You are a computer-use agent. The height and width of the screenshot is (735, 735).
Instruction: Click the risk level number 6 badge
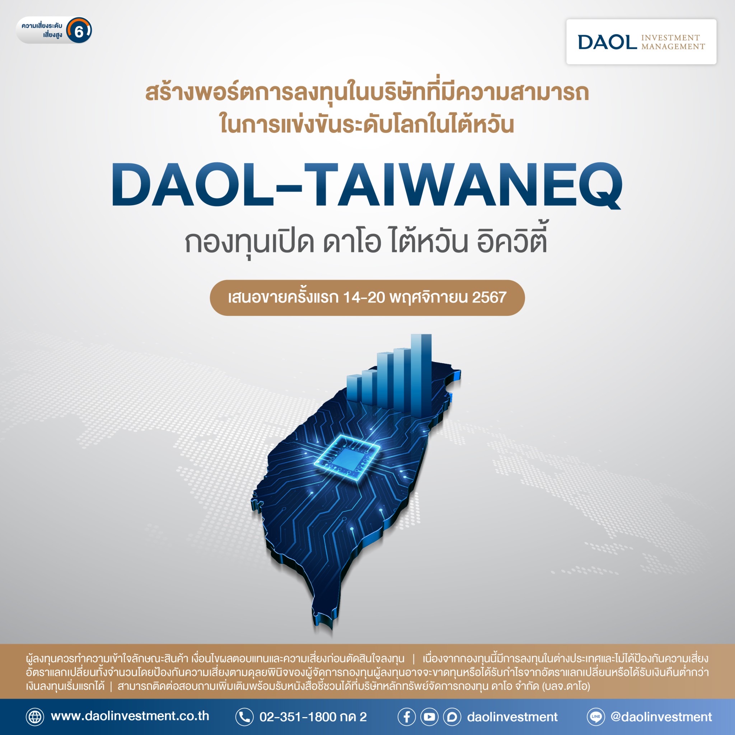(79, 30)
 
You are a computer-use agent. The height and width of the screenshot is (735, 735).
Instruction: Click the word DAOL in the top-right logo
(607, 42)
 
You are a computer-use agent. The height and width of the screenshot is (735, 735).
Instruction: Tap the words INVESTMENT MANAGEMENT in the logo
(673, 42)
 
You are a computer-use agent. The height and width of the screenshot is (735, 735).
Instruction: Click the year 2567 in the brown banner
(489, 298)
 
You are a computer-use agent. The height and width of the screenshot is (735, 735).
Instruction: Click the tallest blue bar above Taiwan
(421, 375)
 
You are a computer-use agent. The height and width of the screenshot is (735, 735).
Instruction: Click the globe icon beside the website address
(34, 717)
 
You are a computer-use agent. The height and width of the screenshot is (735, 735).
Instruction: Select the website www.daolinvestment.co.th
(130, 716)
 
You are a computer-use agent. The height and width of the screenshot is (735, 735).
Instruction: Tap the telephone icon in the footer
(245, 717)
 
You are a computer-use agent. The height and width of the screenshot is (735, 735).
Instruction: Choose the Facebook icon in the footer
(407, 717)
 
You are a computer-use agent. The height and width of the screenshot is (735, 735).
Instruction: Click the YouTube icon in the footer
(429, 717)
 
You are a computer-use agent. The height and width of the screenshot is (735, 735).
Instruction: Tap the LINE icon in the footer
(596, 717)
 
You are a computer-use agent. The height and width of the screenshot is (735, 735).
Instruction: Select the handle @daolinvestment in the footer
(661, 717)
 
